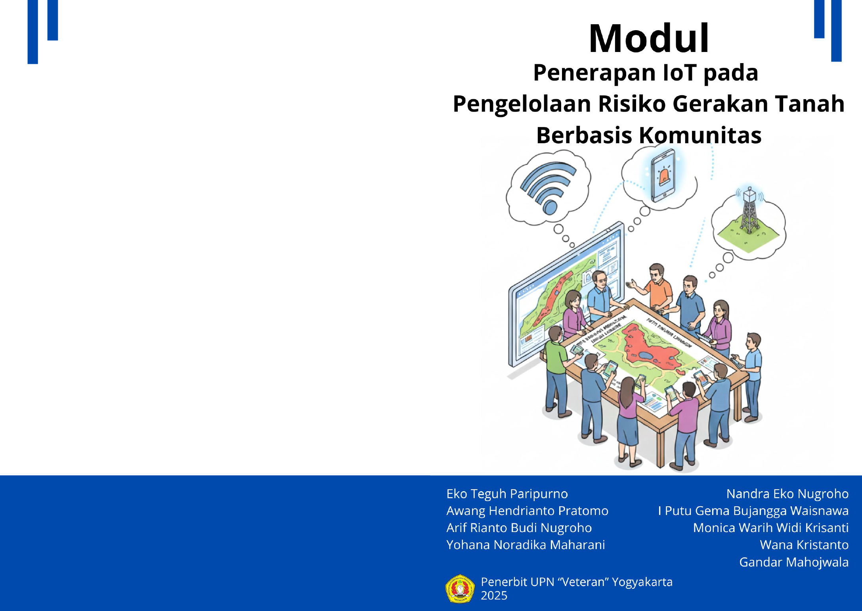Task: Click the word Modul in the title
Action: (649, 39)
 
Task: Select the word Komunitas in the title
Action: (700, 135)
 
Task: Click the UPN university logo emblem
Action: (460, 589)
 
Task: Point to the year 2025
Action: (494, 596)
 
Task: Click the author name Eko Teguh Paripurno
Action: (507, 494)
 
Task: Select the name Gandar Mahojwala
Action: (793, 562)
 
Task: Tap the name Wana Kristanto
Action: (804, 545)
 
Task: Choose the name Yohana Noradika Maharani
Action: (526, 545)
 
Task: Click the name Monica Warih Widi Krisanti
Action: (770, 528)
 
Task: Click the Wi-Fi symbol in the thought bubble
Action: (548, 186)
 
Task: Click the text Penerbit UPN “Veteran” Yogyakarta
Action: (576, 582)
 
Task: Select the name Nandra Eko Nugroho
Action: (787, 494)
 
